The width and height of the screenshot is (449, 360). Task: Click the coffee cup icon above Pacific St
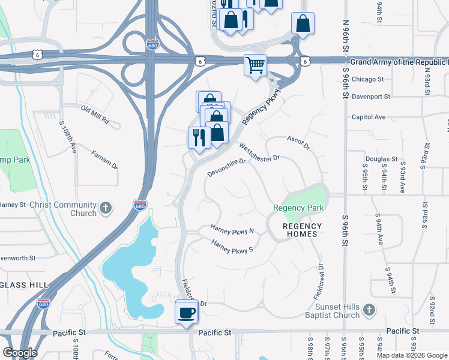coord(186,312)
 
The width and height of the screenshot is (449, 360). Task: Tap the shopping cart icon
coord(255,65)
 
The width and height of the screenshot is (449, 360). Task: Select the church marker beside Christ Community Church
coord(106,208)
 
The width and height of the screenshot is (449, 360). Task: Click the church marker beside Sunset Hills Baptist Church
coord(369,310)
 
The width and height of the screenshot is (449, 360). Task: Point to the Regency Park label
coord(298,208)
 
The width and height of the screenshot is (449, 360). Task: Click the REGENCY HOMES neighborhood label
coord(303,230)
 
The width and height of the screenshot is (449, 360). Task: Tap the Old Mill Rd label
coord(95,115)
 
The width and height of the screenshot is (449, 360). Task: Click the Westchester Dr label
coord(259,152)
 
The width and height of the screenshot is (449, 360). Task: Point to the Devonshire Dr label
coord(227,167)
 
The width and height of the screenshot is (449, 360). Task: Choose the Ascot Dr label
coord(298,142)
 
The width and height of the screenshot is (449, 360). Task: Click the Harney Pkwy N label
coord(232,229)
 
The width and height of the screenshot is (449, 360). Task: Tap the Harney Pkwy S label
coord(232,246)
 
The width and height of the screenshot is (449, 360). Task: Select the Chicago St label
coord(367,79)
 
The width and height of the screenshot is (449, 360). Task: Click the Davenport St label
coord(370,96)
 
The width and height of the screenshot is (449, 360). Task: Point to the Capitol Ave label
coord(368,117)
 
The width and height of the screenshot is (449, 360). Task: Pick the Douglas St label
coord(381,160)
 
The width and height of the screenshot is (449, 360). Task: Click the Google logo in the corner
coord(19,353)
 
